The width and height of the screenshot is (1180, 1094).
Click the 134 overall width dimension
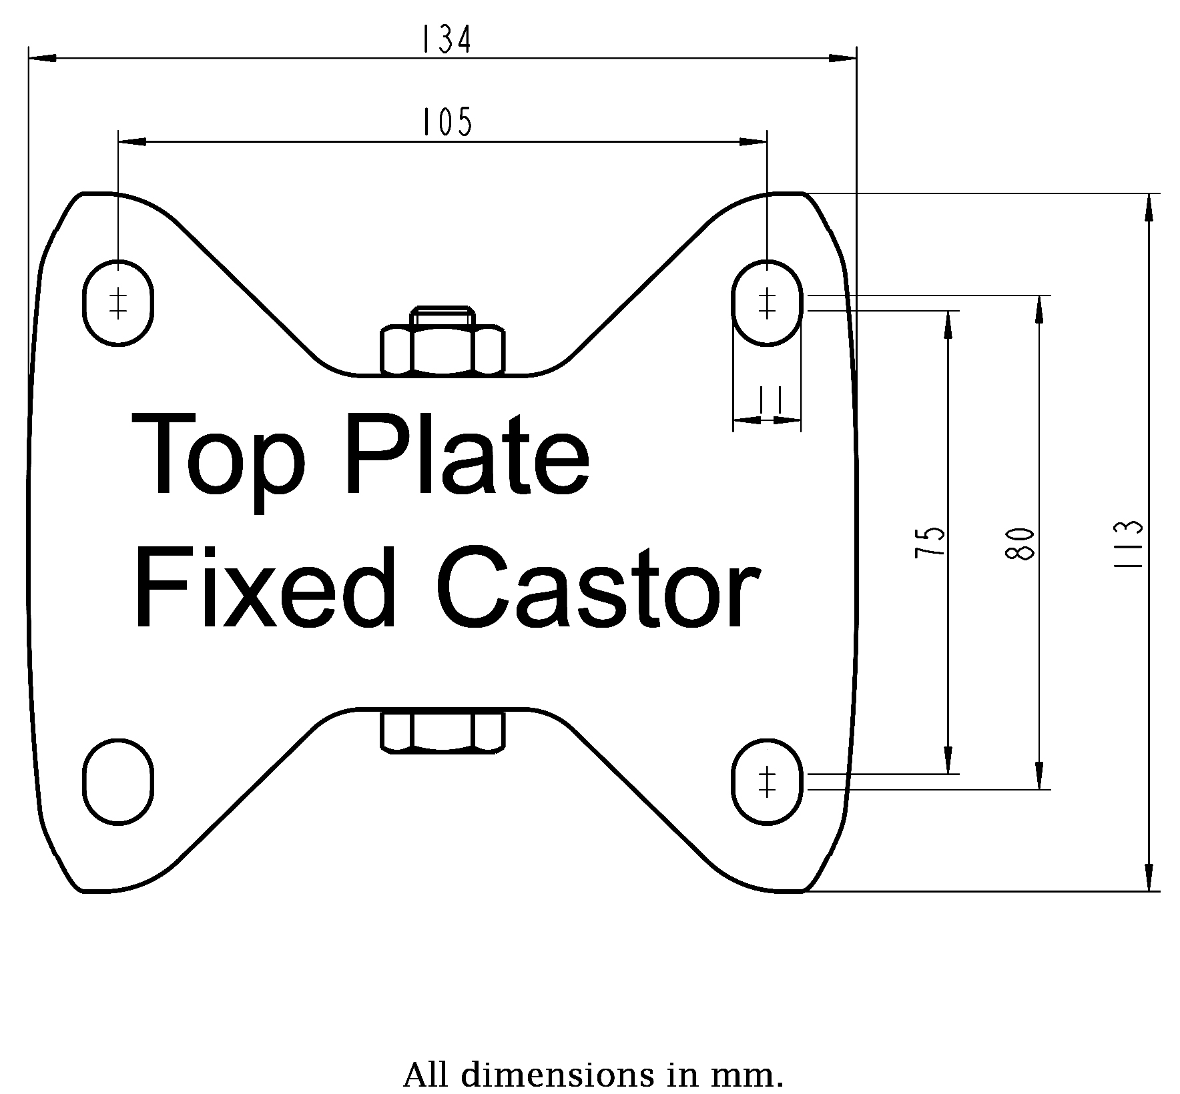pyautogui.click(x=446, y=40)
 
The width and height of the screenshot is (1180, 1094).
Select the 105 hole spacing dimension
pyautogui.click(x=446, y=122)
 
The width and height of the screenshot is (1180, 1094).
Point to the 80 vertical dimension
pyautogui.click(x=1022, y=543)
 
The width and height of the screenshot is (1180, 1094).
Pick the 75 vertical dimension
pyautogui.click(x=930, y=542)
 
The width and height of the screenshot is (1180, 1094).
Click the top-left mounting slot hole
pyautogui.click(x=119, y=303)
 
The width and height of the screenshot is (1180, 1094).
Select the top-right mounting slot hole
pyautogui.click(x=767, y=303)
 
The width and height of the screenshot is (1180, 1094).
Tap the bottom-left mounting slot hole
pyautogui.click(x=119, y=782)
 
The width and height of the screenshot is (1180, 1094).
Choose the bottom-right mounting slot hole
pyautogui.click(x=767, y=782)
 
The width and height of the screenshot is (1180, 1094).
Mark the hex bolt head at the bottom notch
pyautogui.click(x=442, y=732)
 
